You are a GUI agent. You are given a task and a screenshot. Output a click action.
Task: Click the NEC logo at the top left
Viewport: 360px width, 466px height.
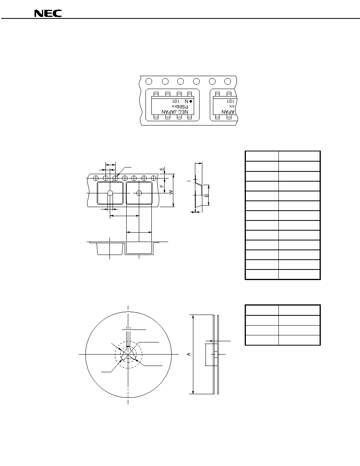coord(48,14)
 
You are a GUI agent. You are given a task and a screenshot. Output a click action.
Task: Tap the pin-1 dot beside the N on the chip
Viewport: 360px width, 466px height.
coord(191,101)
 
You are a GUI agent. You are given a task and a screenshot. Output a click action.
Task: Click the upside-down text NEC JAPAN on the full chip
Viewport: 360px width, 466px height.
coord(175,112)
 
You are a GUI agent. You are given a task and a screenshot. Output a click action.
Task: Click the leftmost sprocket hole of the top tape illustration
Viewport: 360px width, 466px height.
coord(149,81)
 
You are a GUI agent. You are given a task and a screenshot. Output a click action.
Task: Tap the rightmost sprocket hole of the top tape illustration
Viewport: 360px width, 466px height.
coord(227,81)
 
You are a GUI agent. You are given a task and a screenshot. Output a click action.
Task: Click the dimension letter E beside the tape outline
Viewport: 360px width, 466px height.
coord(162,169)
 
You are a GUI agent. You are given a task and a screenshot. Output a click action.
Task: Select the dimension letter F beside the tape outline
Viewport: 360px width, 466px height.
coord(162,186)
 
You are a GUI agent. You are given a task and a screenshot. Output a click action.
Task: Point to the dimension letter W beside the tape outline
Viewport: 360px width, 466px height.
coord(171,192)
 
